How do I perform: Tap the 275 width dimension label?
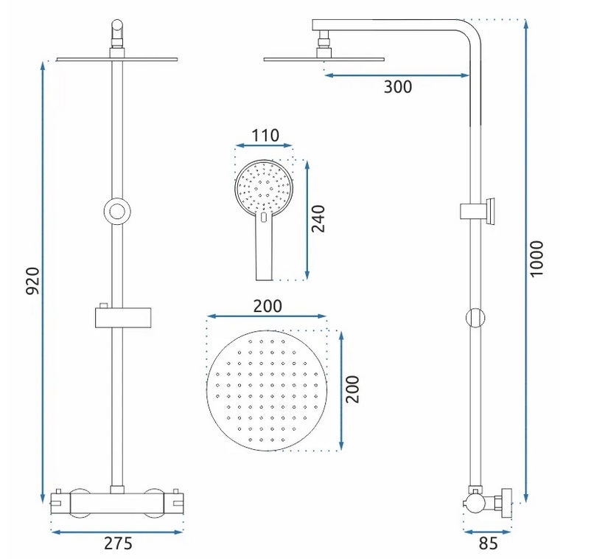118,544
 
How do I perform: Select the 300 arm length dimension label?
398,87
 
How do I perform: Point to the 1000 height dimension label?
536,259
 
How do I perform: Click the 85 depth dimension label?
489,544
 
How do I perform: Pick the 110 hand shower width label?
265,136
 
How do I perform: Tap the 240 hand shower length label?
318,219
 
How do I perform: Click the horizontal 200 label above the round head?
267,306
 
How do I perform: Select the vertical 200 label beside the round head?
352,389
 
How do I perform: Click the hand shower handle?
264,249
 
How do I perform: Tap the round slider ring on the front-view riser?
117,212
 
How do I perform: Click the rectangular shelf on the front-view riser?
123,318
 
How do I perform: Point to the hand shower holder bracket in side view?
478,211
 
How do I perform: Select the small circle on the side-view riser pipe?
475,318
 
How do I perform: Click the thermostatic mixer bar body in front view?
117,502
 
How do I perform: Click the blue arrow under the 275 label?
117,532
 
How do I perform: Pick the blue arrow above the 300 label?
397,75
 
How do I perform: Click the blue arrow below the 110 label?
264,145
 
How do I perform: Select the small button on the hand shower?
264,218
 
